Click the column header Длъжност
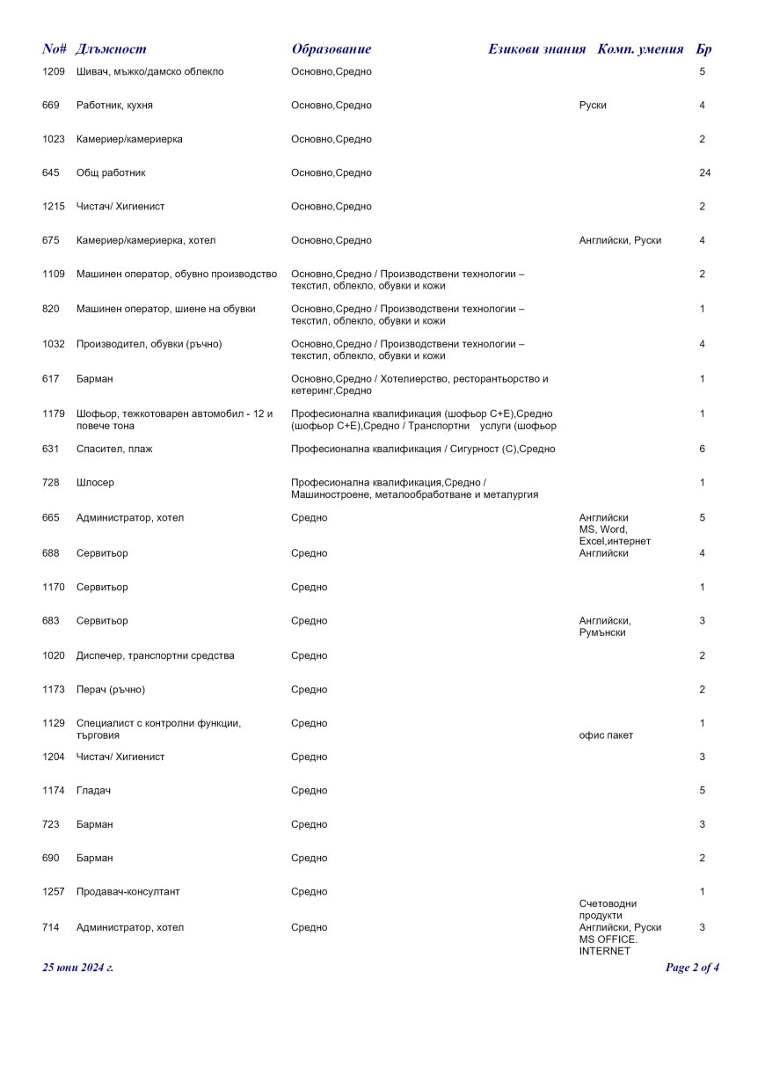[x=111, y=49]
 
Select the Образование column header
[x=331, y=49]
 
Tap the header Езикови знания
[x=536, y=49]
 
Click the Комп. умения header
[x=640, y=49]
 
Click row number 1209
[x=54, y=71]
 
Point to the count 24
[x=704, y=172]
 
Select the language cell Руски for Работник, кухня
[x=593, y=106]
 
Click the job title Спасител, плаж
[x=113, y=449]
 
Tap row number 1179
[x=54, y=413]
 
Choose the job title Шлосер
[x=95, y=483]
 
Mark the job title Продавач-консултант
[x=128, y=891]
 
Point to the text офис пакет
[x=606, y=735]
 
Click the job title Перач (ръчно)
[x=111, y=689]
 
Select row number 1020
[x=54, y=655]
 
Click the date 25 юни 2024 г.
[x=78, y=968]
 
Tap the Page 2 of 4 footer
[x=693, y=968]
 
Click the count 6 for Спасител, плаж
[x=703, y=449]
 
